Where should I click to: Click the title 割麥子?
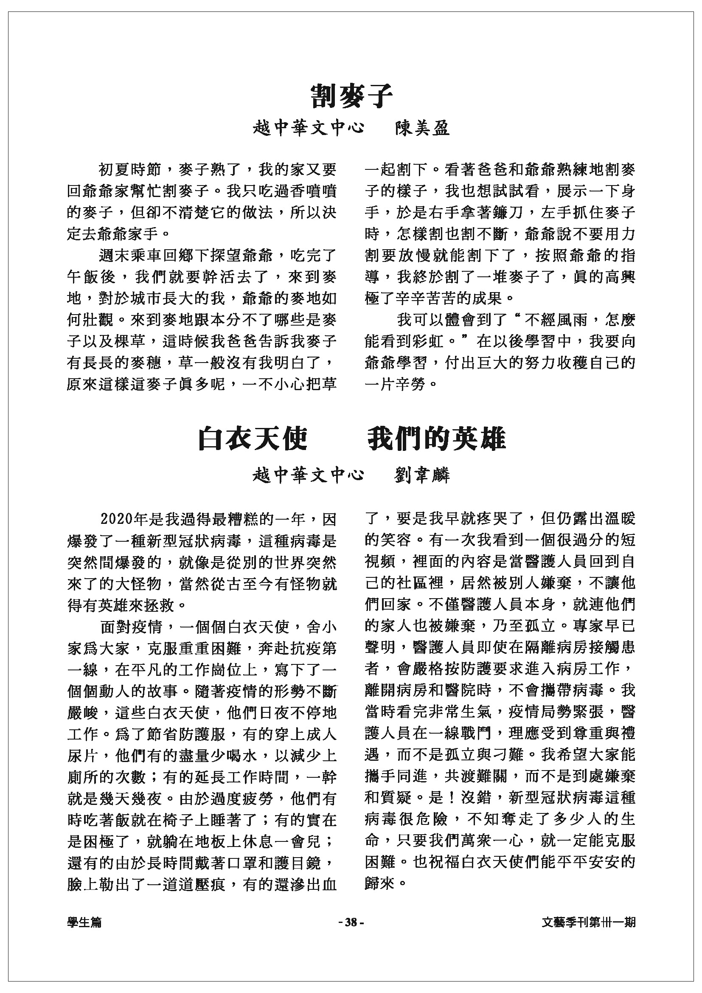point(351,96)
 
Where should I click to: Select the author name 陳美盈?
point(422,129)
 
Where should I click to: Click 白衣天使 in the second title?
point(253,439)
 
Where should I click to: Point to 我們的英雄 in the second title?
point(437,439)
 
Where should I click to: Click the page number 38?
point(351,922)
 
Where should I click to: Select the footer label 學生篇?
point(85,922)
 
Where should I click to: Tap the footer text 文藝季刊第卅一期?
point(588,922)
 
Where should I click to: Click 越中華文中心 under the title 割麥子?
point(308,129)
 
